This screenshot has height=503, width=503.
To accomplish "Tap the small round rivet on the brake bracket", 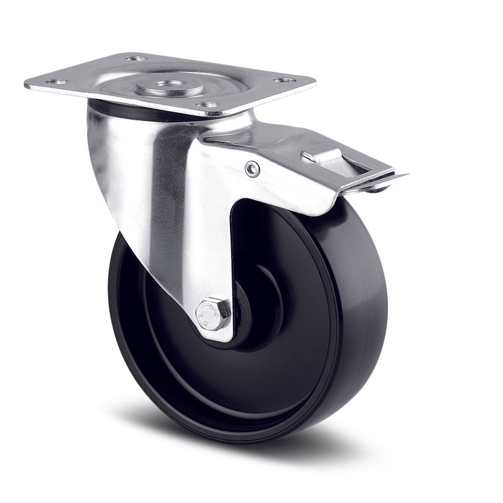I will (253, 169).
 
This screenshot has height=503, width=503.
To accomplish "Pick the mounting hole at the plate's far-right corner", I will (284, 80).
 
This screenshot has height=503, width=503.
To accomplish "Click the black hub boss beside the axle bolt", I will (244, 322).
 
